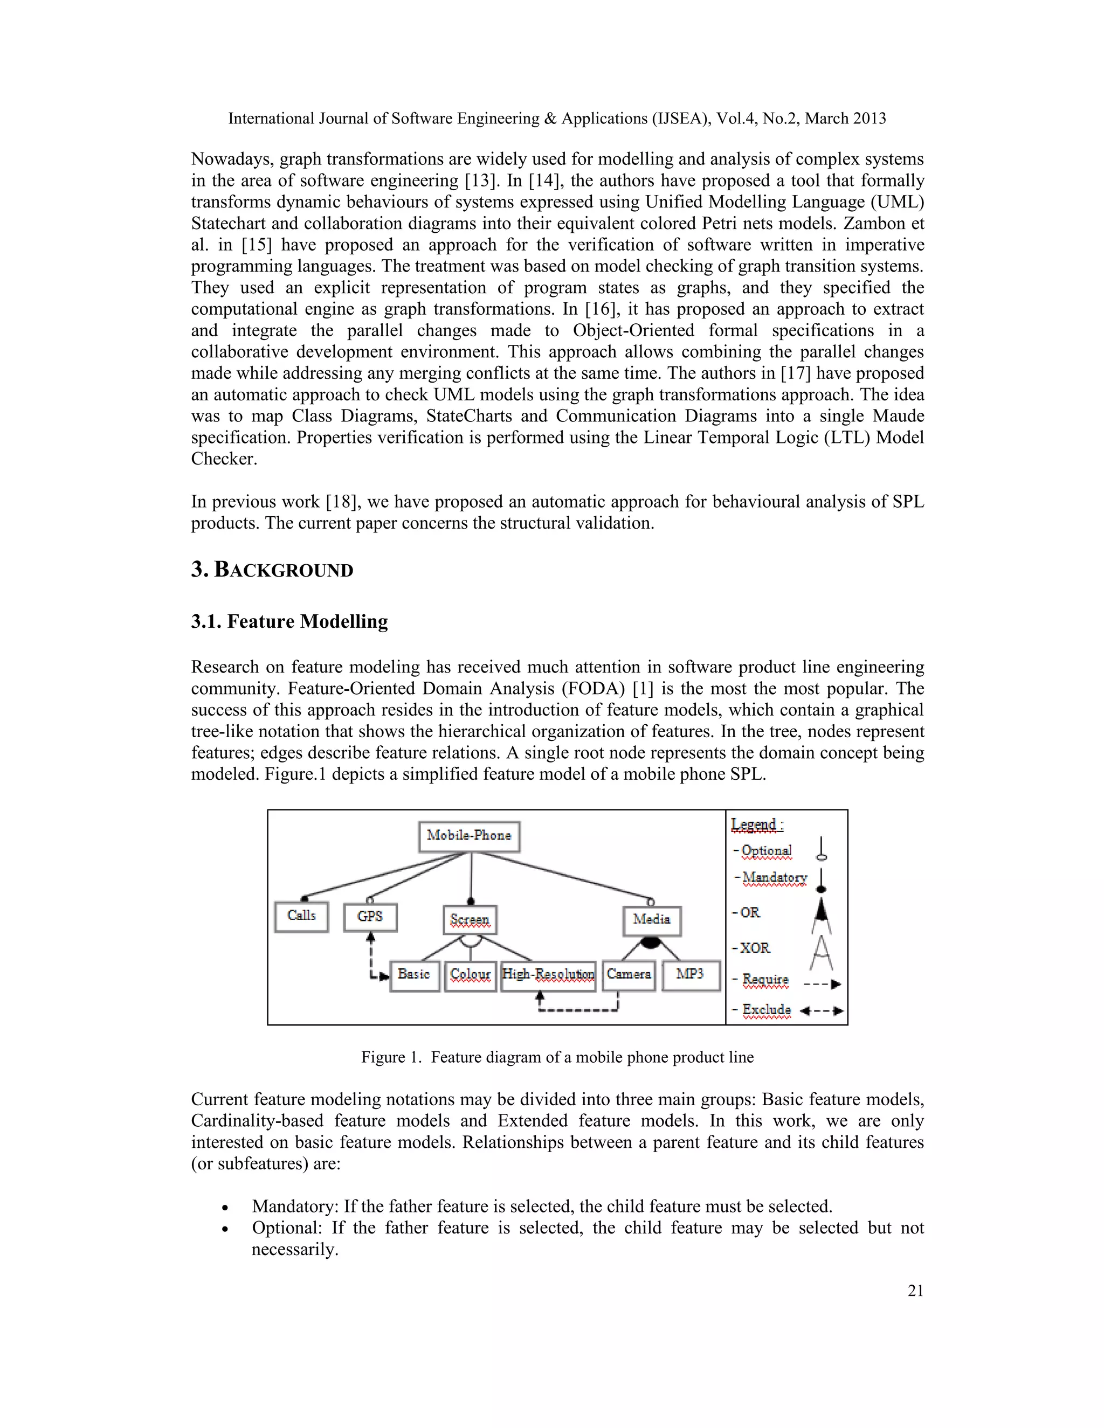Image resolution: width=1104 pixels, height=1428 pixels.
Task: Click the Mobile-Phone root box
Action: pos(469,836)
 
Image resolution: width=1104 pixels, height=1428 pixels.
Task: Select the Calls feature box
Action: pos(301,916)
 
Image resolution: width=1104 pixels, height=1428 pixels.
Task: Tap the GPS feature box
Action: pos(370,917)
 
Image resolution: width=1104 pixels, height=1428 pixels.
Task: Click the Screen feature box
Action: pos(470,919)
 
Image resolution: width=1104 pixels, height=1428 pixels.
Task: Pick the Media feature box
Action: pos(651,920)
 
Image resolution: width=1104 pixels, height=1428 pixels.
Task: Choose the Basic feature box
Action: pos(414,975)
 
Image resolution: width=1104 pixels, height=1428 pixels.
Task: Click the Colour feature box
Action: pos(470,975)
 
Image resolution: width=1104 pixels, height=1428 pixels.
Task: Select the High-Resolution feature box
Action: pos(548,975)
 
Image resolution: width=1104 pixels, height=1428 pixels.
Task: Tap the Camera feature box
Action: pos(629,975)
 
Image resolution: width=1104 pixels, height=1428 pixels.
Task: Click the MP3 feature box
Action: pos(691,975)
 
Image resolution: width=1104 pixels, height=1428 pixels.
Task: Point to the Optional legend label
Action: pos(766,851)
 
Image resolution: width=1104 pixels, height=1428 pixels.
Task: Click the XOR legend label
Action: pos(754,948)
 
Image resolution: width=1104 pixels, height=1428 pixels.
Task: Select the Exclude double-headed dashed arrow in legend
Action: pos(822,1011)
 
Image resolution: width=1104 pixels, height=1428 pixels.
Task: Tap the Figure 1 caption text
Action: pos(557,1057)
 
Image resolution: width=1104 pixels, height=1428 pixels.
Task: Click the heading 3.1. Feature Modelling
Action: pos(289,621)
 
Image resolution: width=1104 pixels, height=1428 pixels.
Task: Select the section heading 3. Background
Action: pos(272,570)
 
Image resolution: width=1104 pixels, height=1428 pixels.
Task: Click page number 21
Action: pos(915,1290)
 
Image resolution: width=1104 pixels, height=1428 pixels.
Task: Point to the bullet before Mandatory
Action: pos(225,1207)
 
